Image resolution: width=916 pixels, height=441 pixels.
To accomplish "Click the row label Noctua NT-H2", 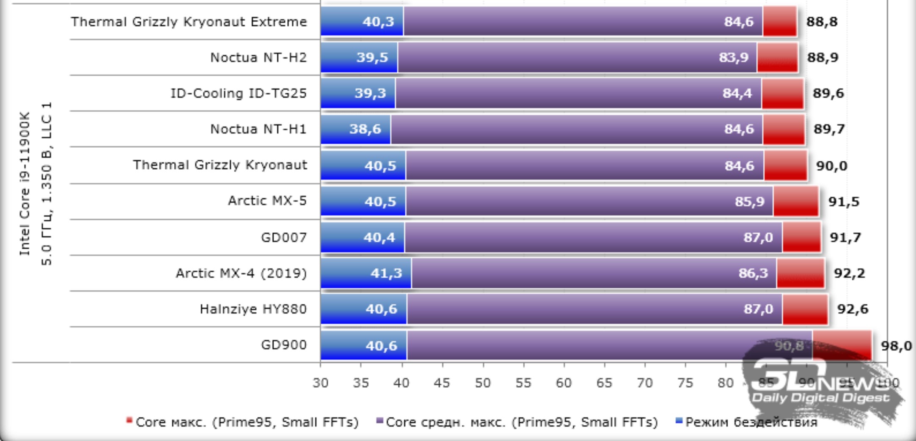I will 258,57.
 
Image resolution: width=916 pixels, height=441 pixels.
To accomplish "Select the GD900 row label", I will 283,345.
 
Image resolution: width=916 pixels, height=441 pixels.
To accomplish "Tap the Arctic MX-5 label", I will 267,201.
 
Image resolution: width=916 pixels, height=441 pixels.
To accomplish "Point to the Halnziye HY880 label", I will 253,309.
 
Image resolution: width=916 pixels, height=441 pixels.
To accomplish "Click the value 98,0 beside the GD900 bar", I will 896,346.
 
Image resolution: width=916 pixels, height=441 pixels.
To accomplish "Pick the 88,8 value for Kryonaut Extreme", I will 822,22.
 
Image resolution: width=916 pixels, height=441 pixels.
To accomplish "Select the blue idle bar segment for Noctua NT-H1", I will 355,129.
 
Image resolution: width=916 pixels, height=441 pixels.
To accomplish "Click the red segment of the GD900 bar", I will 842,346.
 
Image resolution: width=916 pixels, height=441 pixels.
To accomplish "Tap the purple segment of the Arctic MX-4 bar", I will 592,273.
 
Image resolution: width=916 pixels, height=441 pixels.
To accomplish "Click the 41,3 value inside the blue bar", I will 386,273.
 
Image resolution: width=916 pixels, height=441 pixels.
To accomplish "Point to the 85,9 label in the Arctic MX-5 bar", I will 749,201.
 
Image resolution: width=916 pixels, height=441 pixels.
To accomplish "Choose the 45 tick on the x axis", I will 442,383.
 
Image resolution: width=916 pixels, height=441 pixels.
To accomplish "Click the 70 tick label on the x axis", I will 644,383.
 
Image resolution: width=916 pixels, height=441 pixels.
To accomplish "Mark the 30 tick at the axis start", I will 320,383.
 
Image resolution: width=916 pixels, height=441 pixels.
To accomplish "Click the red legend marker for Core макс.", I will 129,421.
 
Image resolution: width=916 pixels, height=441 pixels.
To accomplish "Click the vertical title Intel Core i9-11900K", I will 25,184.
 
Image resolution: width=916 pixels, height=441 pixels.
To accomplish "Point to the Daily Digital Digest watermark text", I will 820,398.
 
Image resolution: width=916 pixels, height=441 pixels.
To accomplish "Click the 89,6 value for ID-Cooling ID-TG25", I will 828,93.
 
